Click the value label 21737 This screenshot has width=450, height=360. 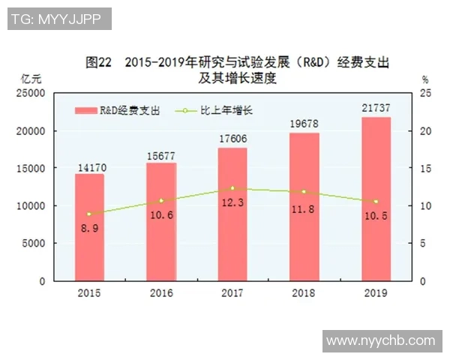tap(376, 109)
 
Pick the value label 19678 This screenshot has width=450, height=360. tap(304, 125)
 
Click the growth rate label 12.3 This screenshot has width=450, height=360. tap(232, 202)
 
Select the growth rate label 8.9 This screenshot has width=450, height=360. tap(89, 227)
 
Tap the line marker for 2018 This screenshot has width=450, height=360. tap(304, 192)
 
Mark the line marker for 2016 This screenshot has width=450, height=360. tap(160, 200)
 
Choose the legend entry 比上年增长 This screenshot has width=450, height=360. tap(225, 110)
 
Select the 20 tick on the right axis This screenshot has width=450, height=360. tap(425, 131)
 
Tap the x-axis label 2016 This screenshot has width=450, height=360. tap(160, 292)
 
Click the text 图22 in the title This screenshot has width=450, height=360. tap(98, 61)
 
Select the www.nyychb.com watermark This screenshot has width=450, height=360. tap(380, 341)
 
